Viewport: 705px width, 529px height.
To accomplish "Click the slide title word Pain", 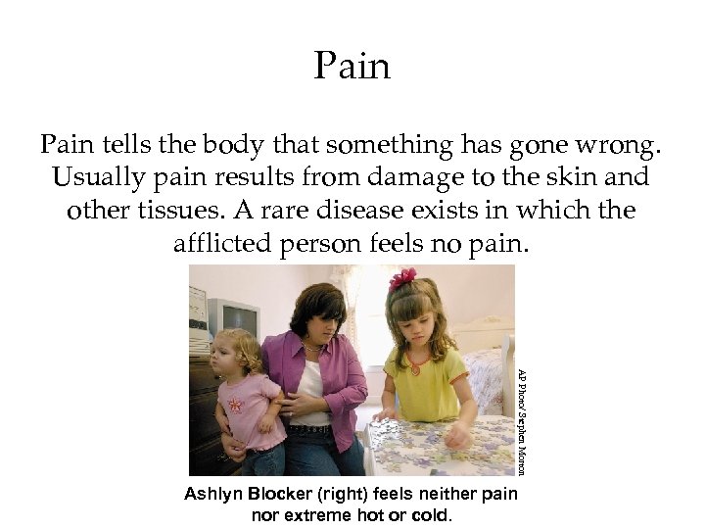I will click(352, 67).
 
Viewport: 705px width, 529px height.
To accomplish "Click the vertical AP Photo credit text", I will click(523, 420).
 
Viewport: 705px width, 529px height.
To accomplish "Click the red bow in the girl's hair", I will click(401, 280).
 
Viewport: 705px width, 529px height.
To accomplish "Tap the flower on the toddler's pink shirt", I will click(235, 404).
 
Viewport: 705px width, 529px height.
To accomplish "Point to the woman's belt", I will click(310, 429).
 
